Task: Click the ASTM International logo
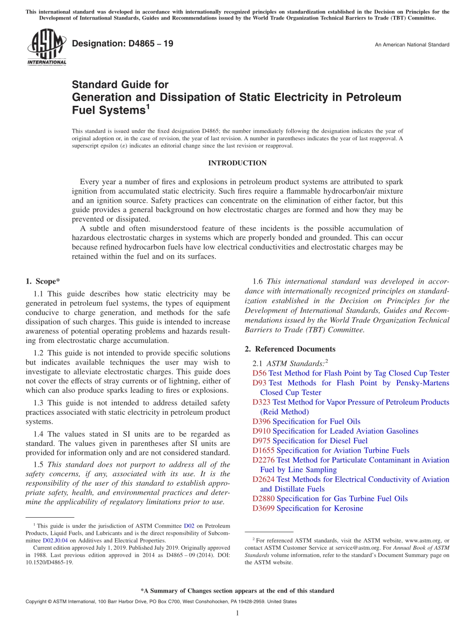pyautogui.click(x=46, y=47)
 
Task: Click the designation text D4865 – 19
pyautogui.click(x=122, y=44)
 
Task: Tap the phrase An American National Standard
pyautogui.click(x=412, y=45)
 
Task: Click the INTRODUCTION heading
pyautogui.click(x=237, y=163)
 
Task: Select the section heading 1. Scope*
pyautogui.click(x=43, y=282)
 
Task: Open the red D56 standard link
pyautogui.click(x=259, y=373)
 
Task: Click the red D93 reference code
pyautogui.click(x=259, y=383)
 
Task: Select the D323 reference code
pyautogui.click(x=261, y=402)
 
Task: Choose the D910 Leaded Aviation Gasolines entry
pyautogui.click(x=335, y=431)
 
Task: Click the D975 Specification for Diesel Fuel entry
pyautogui.click(x=310, y=441)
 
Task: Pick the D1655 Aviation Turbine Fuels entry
pyautogui.click(x=330, y=450)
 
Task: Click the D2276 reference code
pyautogui.click(x=263, y=460)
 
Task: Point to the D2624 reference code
pyautogui.click(x=263, y=479)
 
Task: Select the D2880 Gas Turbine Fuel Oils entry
pyautogui.click(x=330, y=499)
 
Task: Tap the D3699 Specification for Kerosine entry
pyautogui.click(x=307, y=508)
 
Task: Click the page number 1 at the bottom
pyautogui.click(x=237, y=613)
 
